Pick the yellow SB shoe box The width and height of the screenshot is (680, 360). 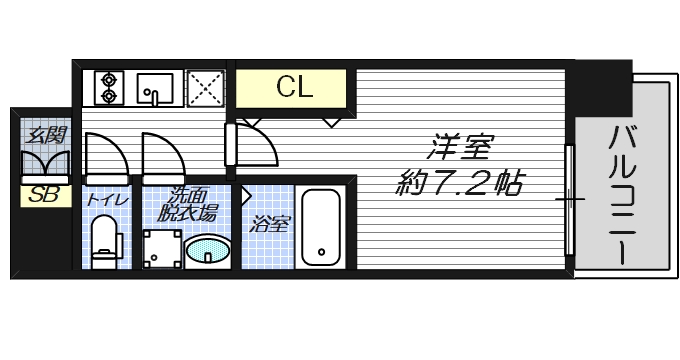coord(44,195)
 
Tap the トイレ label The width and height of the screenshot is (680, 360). coord(106,199)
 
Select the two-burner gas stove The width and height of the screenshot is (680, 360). coord(108,87)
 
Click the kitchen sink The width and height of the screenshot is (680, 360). coord(155,89)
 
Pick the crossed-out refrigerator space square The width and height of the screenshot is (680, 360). coord(205,88)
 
